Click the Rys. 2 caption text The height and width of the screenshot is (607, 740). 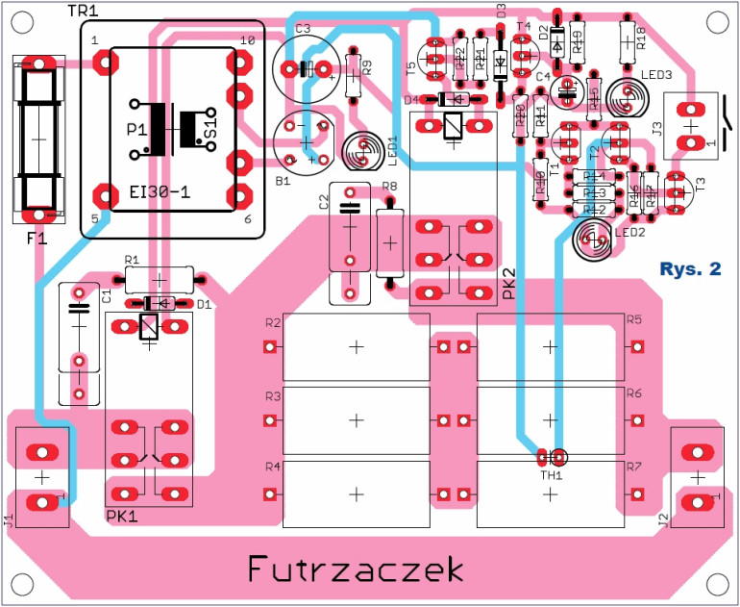tap(690, 269)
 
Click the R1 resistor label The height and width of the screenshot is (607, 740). tap(132, 260)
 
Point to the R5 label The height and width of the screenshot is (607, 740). tap(633, 320)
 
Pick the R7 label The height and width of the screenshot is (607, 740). tap(633, 467)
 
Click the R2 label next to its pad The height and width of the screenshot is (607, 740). tap(272, 322)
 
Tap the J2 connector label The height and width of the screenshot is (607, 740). tap(664, 520)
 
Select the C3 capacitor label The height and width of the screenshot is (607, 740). tap(303, 29)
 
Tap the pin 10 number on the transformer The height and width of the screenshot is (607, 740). tap(247, 40)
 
